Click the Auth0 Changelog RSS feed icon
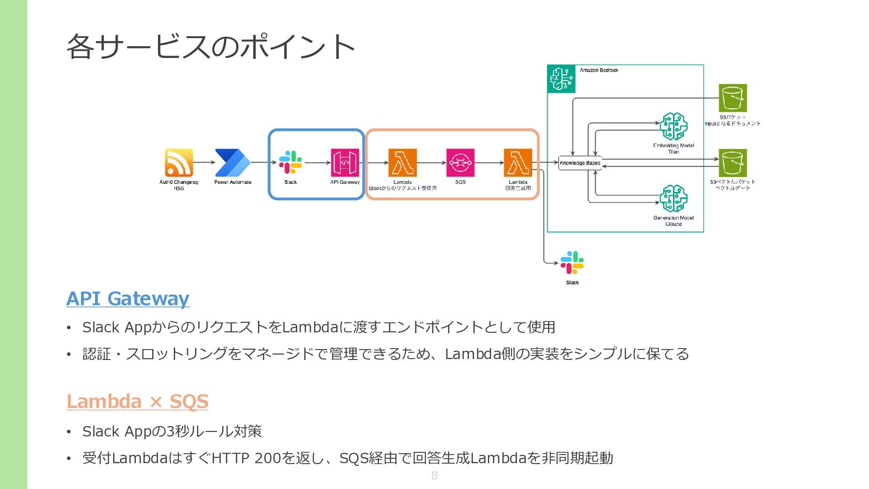[x=179, y=163]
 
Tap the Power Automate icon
[x=233, y=163]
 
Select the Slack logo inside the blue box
[x=291, y=163]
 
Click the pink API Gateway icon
[x=345, y=163]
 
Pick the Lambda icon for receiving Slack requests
[x=402, y=163]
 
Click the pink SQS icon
[x=460, y=163]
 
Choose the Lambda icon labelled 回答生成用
[x=518, y=163]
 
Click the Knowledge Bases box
[x=580, y=163]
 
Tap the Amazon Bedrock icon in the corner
[x=561, y=79]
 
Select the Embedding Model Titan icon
[x=673, y=126]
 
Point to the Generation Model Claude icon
[x=673, y=198]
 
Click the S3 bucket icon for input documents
[x=733, y=98]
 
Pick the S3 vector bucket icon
[x=733, y=163]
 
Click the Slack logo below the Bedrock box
[x=572, y=263]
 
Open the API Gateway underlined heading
[x=128, y=299]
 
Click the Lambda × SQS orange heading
[x=137, y=402]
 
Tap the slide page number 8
[x=434, y=475]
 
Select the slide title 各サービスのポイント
[x=210, y=46]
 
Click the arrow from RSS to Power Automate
[x=204, y=162]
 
